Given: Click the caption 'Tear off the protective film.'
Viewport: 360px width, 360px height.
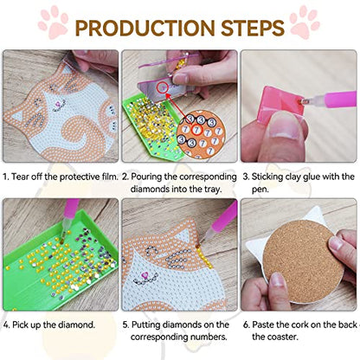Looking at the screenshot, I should click(59, 177).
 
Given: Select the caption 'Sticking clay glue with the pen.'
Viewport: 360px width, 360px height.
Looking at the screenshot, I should click(298, 183).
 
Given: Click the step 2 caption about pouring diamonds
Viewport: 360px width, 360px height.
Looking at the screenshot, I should click(179, 183).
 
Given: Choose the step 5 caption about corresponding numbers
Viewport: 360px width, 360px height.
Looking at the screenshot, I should click(179, 331).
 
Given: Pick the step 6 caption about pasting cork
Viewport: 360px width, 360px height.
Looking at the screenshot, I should click(299, 331).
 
